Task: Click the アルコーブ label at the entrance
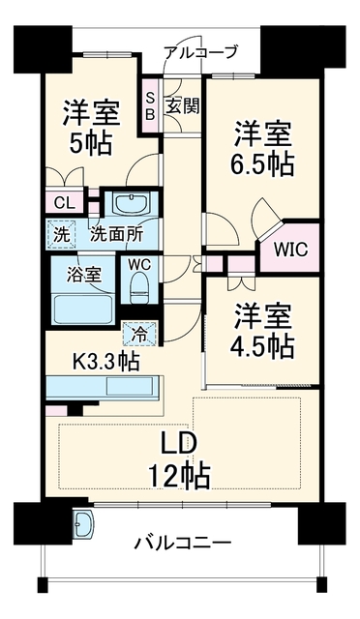coord(201,51)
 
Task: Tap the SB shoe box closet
coord(150,106)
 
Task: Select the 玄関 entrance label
coord(182,105)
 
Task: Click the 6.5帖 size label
coord(262,163)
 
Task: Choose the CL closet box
coord(65,203)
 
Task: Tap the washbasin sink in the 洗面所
coord(131,204)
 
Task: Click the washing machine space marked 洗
coord(61,235)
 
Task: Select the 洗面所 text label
coord(116,235)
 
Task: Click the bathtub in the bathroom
coord(83,309)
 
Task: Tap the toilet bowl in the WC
coord(139,288)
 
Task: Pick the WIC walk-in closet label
coord(291,250)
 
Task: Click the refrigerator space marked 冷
coord(139,335)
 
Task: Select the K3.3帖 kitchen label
coord(105,361)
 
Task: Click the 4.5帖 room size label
coord(262,345)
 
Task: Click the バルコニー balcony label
coord(183,544)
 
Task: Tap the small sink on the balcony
coord(84,523)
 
